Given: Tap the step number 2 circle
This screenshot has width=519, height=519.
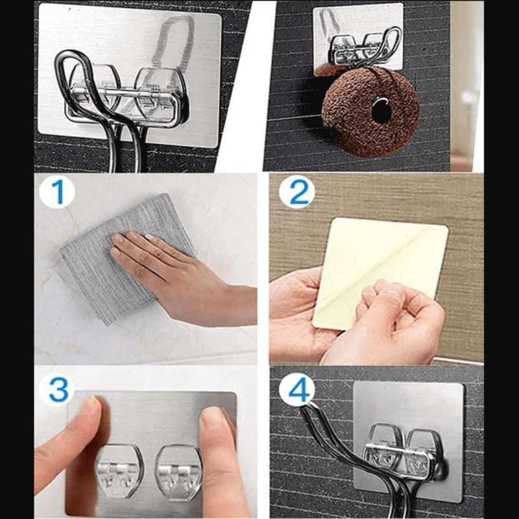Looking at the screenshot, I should coord(296,193).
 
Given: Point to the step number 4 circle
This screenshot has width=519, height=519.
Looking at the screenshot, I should coord(296,390).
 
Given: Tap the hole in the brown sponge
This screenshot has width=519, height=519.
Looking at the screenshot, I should coord(378,111).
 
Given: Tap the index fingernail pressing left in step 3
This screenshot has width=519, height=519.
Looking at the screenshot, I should coord(90,408).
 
